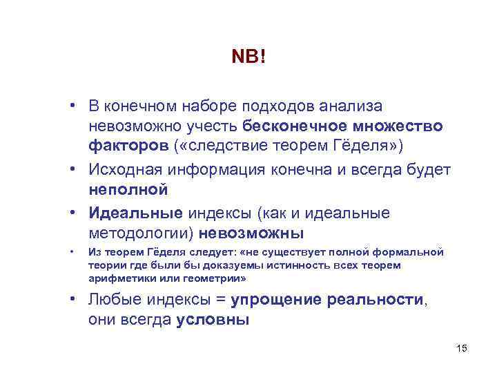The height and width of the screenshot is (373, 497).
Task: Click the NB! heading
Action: point(248,57)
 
